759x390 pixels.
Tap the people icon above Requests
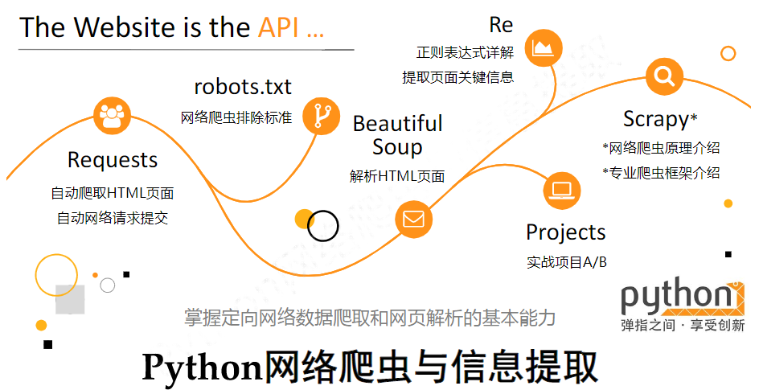pos(111,117)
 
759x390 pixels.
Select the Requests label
pos(113,159)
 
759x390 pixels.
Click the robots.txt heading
pos(243,86)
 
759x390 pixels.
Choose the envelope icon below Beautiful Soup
pos(413,219)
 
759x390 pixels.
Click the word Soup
pos(397,147)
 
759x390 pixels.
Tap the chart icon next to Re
pos(544,49)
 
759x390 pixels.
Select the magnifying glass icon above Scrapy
pos(665,77)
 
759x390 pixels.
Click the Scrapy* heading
pos(659,119)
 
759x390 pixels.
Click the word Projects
pos(565,232)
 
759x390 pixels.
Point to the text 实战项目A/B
pos(566,262)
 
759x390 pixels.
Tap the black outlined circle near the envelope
pos(323,226)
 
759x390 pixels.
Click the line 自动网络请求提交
pos(112,217)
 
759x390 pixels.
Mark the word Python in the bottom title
pos(202,367)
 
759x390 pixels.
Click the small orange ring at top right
pos(728,54)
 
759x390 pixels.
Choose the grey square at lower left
pos(70,299)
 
